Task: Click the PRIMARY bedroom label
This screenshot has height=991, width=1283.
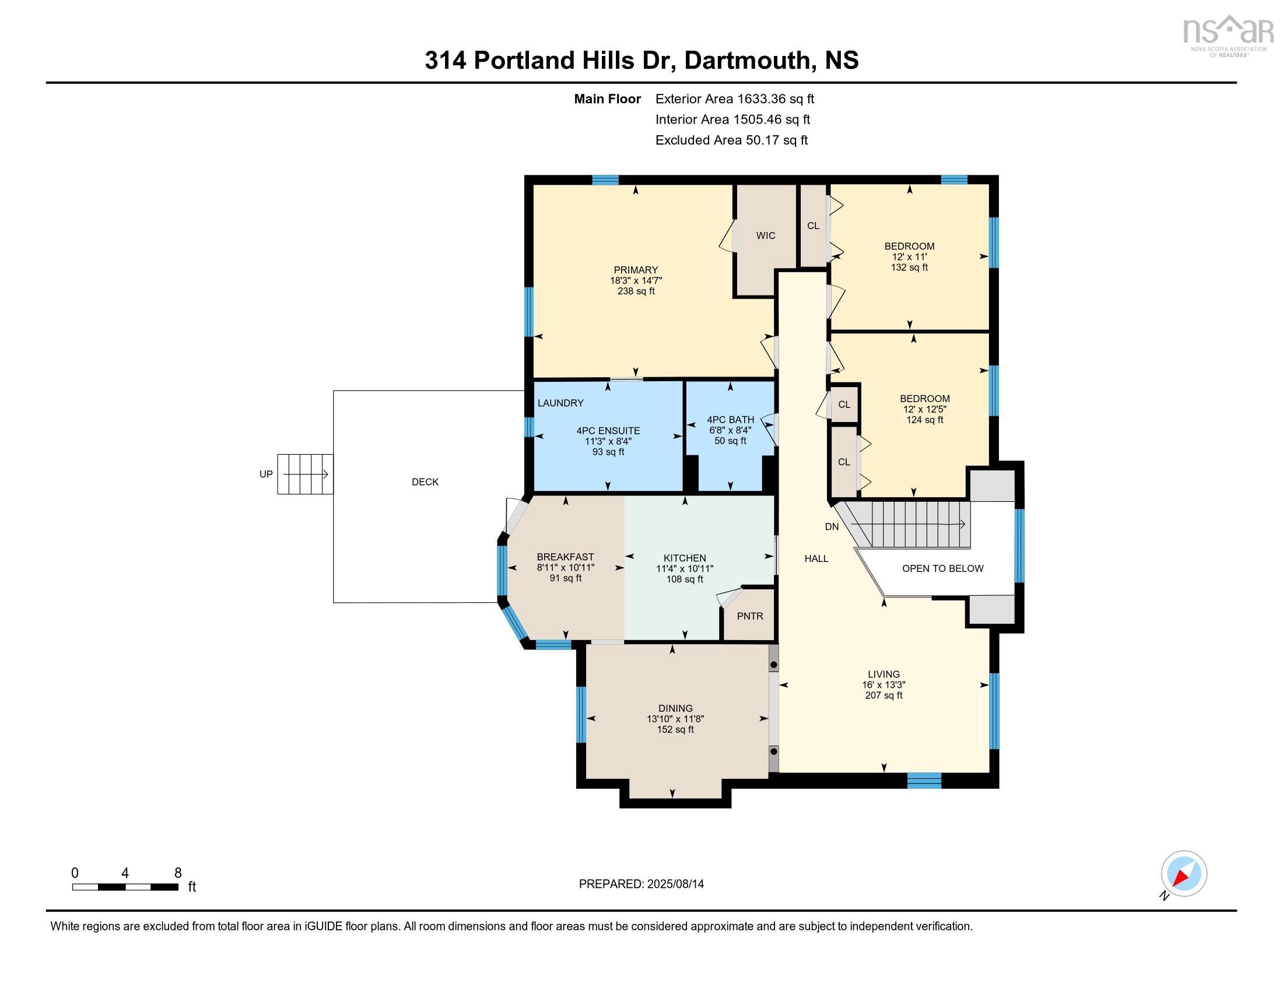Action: tap(636, 270)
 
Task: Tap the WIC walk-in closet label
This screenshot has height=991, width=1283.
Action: tap(766, 236)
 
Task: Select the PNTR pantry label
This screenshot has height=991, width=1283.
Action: tap(749, 616)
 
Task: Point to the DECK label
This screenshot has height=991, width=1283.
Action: tap(425, 482)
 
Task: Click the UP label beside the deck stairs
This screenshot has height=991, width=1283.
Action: tap(266, 474)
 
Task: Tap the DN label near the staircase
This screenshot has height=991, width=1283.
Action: tap(832, 526)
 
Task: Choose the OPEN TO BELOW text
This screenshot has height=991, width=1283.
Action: tap(942, 568)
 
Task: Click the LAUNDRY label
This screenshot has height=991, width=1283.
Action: tap(560, 403)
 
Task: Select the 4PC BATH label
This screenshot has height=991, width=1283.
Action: tap(730, 420)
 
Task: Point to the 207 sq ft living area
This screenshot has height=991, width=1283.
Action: tap(884, 695)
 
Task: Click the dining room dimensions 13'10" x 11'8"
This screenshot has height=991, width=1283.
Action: tap(675, 719)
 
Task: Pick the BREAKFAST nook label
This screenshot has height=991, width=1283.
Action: tap(565, 557)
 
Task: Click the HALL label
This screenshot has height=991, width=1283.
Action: tap(816, 558)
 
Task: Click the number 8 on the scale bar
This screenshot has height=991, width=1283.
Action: tap(178, 873)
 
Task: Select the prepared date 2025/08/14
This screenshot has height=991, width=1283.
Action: tap(675, 884)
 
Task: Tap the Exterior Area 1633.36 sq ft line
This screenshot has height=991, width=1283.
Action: tap(734, 99)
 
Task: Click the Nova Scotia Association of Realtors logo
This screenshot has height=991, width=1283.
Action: tap(1227, 35)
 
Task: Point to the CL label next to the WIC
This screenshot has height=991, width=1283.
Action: tap(813, 226)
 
